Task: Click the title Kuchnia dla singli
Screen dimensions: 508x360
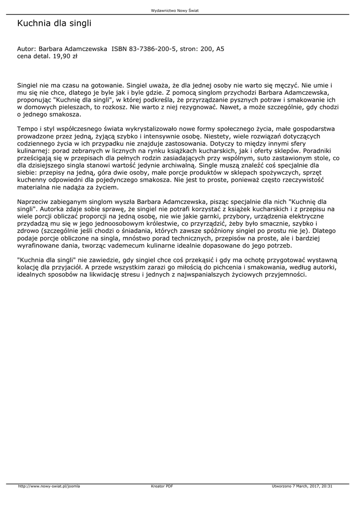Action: pyautogui.click(x=54, y=23)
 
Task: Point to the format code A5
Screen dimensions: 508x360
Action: pyautogui.click(x=220, y=49)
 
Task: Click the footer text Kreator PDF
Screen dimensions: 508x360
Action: pyautogui.click(x=162, y=486)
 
